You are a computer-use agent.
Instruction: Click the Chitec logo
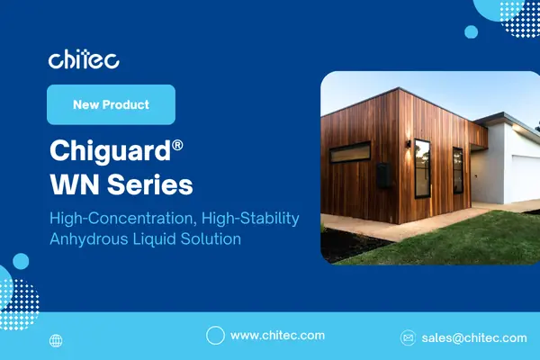tap(84, 60)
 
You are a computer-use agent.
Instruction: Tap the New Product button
tap(111, 105)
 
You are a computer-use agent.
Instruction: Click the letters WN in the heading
tap(75, 185)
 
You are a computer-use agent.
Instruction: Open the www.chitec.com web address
tap(277, 336)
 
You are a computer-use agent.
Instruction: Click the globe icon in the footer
tap(57, 341)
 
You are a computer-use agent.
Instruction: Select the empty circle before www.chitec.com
tap(215, 336)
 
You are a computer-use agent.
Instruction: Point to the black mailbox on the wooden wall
tap(383, 175)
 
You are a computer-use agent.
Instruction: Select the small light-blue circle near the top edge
tap(471, 31)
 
